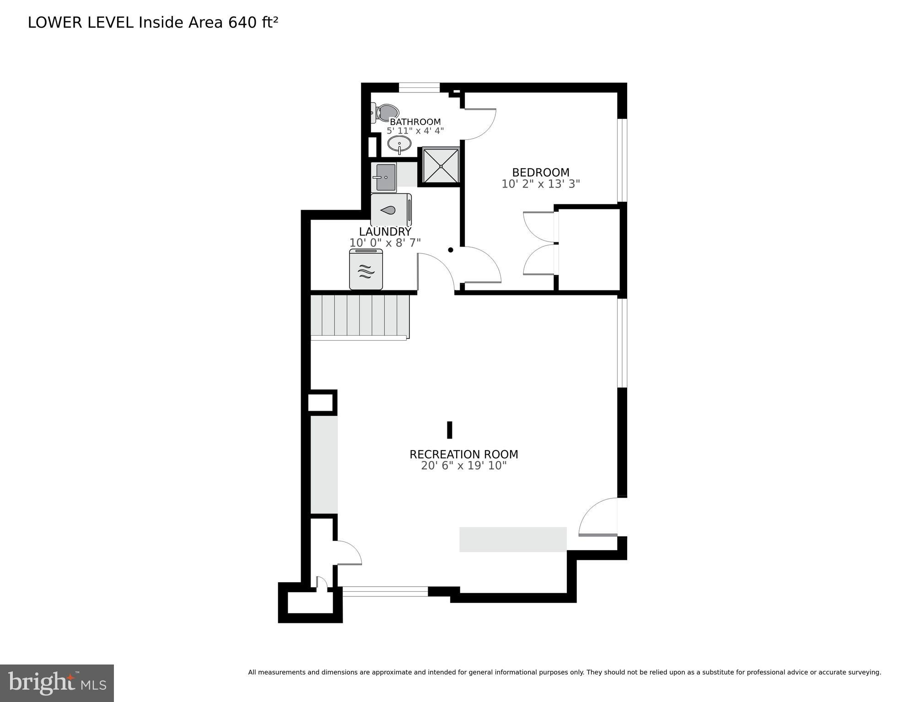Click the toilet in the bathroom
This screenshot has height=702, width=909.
[385, 112]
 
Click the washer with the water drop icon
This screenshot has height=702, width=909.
[390, 210]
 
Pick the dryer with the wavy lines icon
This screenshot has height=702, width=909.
[366, 270]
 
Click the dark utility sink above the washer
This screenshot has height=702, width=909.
[384, 177]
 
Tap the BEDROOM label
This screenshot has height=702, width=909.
[540, 172]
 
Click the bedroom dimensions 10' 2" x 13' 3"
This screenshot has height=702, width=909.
[540, 184]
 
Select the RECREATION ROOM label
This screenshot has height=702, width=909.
[463, 454]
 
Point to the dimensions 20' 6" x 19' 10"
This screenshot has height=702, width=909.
[463, 466]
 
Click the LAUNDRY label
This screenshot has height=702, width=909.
[385, 231]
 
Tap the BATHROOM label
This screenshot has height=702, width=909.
[415, 122]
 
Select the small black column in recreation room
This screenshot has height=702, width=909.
[449, 430]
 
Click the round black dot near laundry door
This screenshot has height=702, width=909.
[450, 250]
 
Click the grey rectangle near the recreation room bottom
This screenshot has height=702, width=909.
[512, 539]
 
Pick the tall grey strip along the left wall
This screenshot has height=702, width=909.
[324, 464]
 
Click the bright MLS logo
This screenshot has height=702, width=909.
[57, 683]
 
